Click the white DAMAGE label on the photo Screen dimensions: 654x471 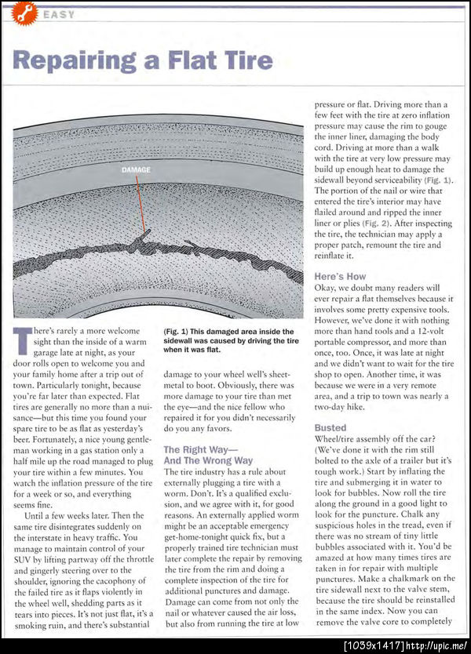coord(137,169)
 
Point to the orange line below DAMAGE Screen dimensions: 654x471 coord(141,204)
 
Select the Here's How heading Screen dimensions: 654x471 coord(340,277)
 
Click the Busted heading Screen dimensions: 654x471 coord(330,427)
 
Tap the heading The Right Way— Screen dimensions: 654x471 coord(202,449)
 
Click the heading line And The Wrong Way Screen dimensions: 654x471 coord(208,460)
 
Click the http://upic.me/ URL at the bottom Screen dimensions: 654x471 coord(436,645)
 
